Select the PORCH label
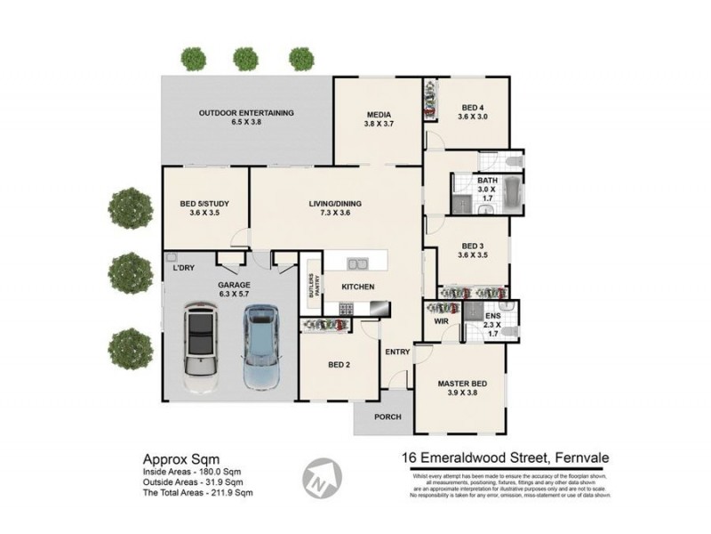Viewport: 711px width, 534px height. [x=387, y=417]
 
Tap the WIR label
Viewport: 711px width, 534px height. [x=442, y=320]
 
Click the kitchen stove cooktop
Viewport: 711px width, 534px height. [x=345, y=309]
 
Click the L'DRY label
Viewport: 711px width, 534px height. [x=185, y=267]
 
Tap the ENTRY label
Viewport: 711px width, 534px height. [x=397, y=352]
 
